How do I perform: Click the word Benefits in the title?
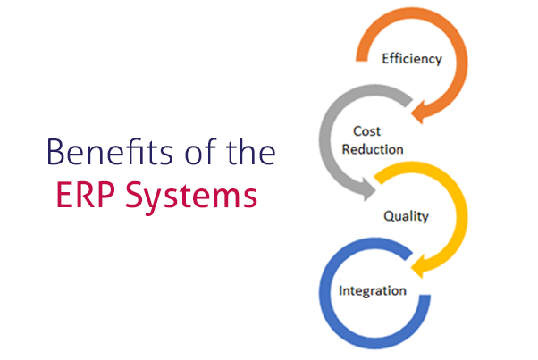(x=110, y=152)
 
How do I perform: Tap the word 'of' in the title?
(x=201, y=151)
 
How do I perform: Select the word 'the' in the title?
(x=250, y=151)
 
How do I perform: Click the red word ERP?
(x=86, y=195)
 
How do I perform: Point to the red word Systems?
(x=191, y=197)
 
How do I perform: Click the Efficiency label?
(x=412, y=59)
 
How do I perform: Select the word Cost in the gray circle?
(x=366, y=131)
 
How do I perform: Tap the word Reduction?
(x=373, y=149)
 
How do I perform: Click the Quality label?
(x=406, y=216)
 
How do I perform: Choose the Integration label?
(x=373, y=290)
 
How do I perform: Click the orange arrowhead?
(x=418, y=112)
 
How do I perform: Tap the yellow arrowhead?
(x=418, y=265)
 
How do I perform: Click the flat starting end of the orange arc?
(x=362, y=61)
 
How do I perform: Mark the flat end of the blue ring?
(x=425, y=296)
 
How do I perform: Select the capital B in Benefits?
(x=56, y=152)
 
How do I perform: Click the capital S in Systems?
(x=134, y=195)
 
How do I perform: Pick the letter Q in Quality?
(x=389, y=216)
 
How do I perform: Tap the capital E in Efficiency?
(x=386, y=59)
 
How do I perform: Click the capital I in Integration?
(x=340, y=290)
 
